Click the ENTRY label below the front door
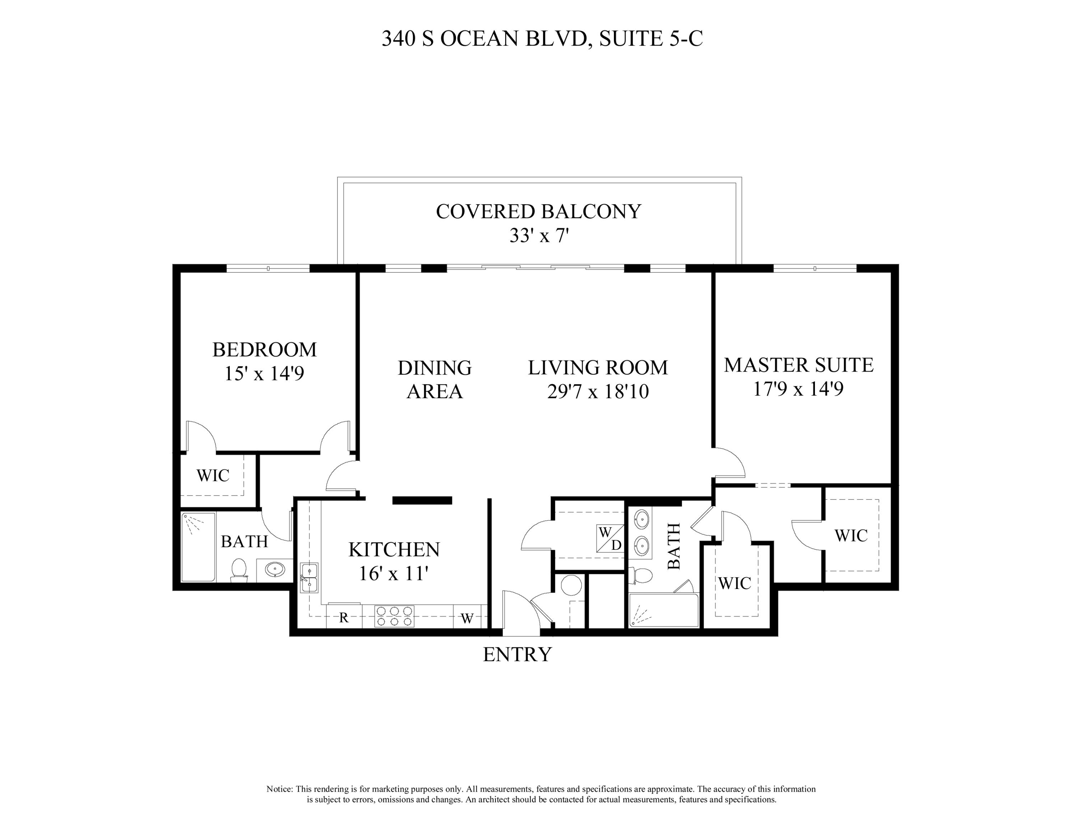517,654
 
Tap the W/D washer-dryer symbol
610,538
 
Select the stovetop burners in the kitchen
394,616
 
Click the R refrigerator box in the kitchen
344,618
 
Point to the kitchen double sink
309,577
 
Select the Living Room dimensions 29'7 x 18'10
598,392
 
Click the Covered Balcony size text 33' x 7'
539,236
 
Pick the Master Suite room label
798,365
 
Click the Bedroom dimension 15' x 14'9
264,374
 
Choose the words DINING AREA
434,379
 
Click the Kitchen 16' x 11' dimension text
393,574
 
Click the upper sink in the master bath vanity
642,519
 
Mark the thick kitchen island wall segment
422,500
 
